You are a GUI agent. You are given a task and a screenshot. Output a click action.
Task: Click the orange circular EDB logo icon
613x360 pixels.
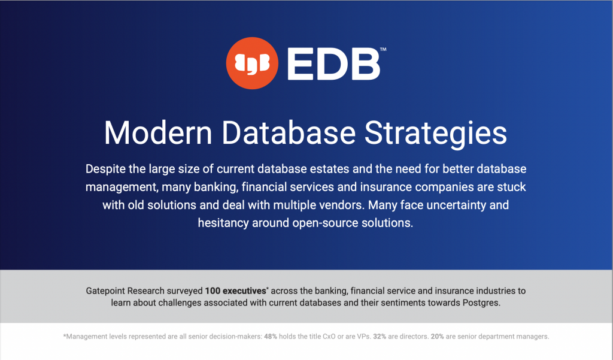tap(252, 63)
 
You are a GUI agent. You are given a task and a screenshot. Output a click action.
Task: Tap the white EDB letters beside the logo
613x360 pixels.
tap(333, 63)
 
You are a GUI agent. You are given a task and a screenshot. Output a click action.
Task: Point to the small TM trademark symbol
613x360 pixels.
tap(383, 49)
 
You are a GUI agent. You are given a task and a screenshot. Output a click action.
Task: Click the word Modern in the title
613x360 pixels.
tap(158, 133)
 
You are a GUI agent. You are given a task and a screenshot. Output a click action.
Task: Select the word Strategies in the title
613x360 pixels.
tap(436, 134)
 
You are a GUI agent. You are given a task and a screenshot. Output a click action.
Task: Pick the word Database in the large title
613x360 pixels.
tap(289, 133)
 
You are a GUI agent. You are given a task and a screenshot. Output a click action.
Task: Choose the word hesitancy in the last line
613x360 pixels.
tap(223, 223)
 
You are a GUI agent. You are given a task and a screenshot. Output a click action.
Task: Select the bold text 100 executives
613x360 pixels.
tap(235, 291)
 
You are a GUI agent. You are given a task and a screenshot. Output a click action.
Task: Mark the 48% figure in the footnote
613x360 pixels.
tap(271, 337)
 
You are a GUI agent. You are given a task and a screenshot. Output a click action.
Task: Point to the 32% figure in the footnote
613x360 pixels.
tap(380, 337)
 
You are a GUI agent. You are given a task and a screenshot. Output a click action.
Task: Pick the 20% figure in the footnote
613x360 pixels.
tap(437, 337)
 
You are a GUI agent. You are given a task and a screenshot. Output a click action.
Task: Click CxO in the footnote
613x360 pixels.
tap(329, 337)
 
